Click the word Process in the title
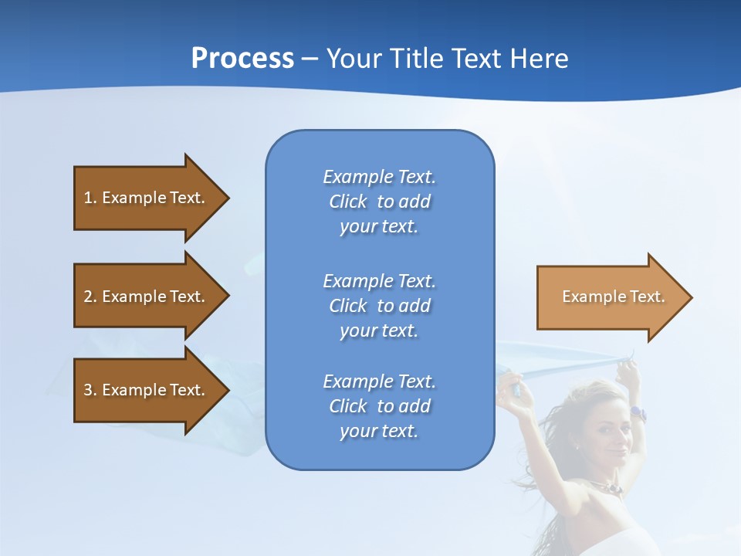tap(242, 59)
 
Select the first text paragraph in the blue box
tap(379, 202)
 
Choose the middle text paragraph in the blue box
tap(379, 306)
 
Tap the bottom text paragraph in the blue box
tap(379, 406)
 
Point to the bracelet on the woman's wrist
tap(638, 413)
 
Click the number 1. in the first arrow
tap(90, 198)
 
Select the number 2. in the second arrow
tap(90, 297)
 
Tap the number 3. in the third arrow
tap(90, 390)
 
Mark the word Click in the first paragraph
tap(348, 202)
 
